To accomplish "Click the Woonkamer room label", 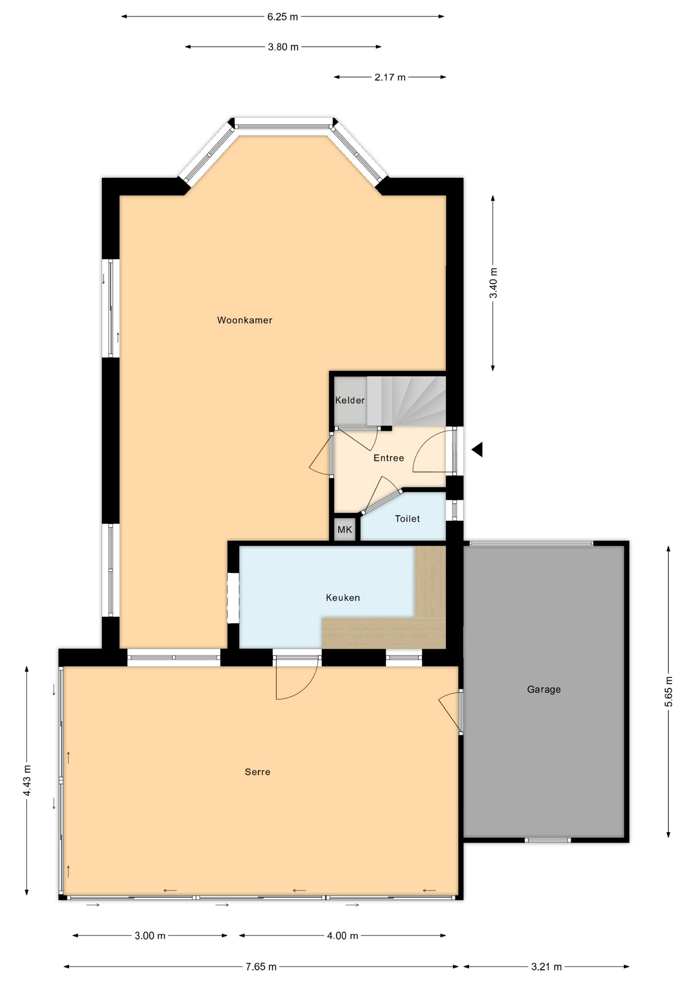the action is click(245, 320).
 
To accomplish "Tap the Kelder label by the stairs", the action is click(350, 400).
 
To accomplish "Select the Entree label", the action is click(389, 458).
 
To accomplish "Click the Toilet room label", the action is click(407, 519).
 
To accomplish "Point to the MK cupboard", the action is click(345, 529).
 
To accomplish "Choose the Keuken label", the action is click(343, 597).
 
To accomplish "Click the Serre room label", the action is click(257, 772).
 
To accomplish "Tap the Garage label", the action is click(544, 689).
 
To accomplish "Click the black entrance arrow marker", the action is click(477, 450).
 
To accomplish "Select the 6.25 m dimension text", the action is click(283, 17).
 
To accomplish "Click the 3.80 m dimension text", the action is click(283, 47).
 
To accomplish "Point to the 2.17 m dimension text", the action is click(390, 77).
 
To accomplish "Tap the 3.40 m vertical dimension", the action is click(493, 283).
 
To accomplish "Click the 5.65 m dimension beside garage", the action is click(669, 692).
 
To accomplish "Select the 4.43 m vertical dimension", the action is click(27, 781).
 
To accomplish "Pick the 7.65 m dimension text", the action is click(261, 967).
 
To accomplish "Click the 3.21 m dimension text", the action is click(547, 967).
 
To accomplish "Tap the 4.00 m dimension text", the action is click(342, 936).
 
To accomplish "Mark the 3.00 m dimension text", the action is click(150, 936).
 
